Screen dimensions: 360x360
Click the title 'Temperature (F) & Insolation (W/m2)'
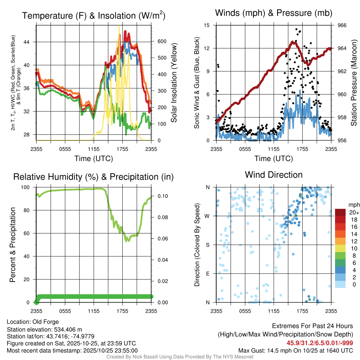pyautogui.click(x=94, y=16)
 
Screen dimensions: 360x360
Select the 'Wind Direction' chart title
pyautogui.click(x=274, y=175)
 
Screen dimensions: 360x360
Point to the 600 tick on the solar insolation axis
pyautogui.click(x=162, y=41)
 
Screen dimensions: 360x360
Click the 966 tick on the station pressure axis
pyautogui.click(x=342, y=25)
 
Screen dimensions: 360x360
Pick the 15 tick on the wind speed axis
pyautogui.click(x=207, y=25)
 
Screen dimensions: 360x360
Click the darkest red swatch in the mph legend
pyautogui.click(x=340, y=212)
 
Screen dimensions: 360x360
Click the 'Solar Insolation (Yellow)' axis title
pyautogui.click(x=174, y=83)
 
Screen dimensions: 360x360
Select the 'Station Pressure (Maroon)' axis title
pyautogui.click(x=354, y=83)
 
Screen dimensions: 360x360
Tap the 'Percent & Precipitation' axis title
pyautogui.click(x=13, y=245)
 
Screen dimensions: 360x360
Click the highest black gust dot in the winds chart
pyautogui.click(x=296, y=29)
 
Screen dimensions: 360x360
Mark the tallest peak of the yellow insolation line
pyautogui.click(x=119, y=26)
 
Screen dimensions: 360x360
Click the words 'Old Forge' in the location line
pyautogui.click(x=46, y=322)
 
